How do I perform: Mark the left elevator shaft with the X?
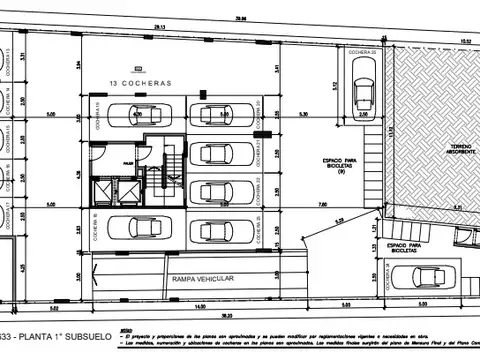point(101,190)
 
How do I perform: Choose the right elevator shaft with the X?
point(126,190)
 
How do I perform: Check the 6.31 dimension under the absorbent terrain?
point(457,207)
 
